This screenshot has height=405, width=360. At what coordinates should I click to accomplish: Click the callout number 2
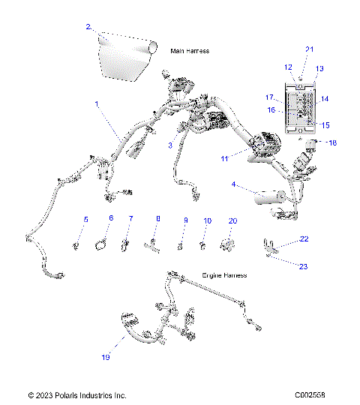(x=88, y=27)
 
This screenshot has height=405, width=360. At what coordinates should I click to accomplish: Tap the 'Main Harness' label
(x=190, y=51)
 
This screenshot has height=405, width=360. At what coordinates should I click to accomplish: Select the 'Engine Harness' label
(x=224, y=275)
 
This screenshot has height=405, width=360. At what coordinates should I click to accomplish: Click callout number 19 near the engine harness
(x=106, y=357)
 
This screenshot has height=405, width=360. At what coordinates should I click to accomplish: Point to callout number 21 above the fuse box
(x=308, y=49)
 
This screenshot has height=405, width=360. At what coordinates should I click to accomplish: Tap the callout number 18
(x=333, y=142)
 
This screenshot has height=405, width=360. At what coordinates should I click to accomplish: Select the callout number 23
(x=304, y=265)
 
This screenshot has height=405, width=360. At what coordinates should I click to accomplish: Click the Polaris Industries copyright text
(x=77, y=394)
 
